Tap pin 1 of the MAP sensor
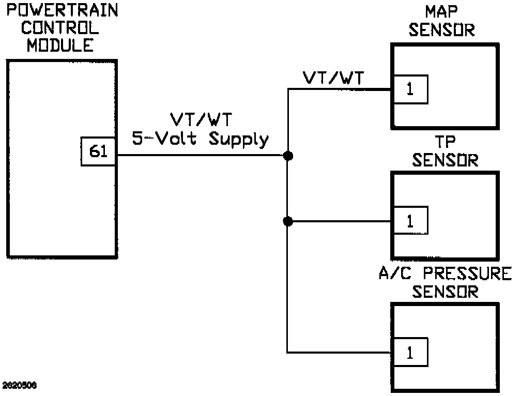click(x=410, y=89)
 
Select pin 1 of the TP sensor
click(x=410, y=221)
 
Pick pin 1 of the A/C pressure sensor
click(x=410, y=353)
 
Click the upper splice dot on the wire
click(x=288, y=156)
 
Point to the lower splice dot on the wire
click(x=288, y=221)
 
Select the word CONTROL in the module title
click(x=60, y=28)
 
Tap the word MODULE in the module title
click(x=60, y=45)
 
